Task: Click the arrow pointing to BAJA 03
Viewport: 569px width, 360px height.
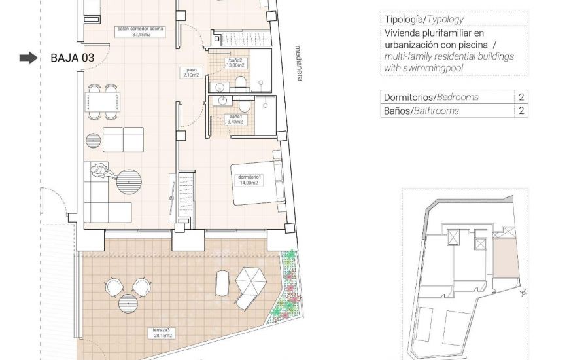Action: (28, 58)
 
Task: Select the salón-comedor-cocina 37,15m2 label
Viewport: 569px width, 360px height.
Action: (140, 32)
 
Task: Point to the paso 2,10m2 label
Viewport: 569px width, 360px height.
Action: (190, 73)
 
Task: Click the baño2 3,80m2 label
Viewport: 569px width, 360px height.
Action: (235, 63)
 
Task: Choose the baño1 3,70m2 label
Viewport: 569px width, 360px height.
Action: (234, 119)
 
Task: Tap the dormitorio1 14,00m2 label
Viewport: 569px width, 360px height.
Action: (250, 179)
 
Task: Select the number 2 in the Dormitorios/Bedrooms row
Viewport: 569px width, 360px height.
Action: (521, 97)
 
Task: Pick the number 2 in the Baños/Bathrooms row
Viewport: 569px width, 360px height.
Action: (521, 111)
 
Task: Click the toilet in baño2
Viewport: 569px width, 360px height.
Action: (241, 82)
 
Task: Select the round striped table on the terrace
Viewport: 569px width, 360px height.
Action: (128, 303)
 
